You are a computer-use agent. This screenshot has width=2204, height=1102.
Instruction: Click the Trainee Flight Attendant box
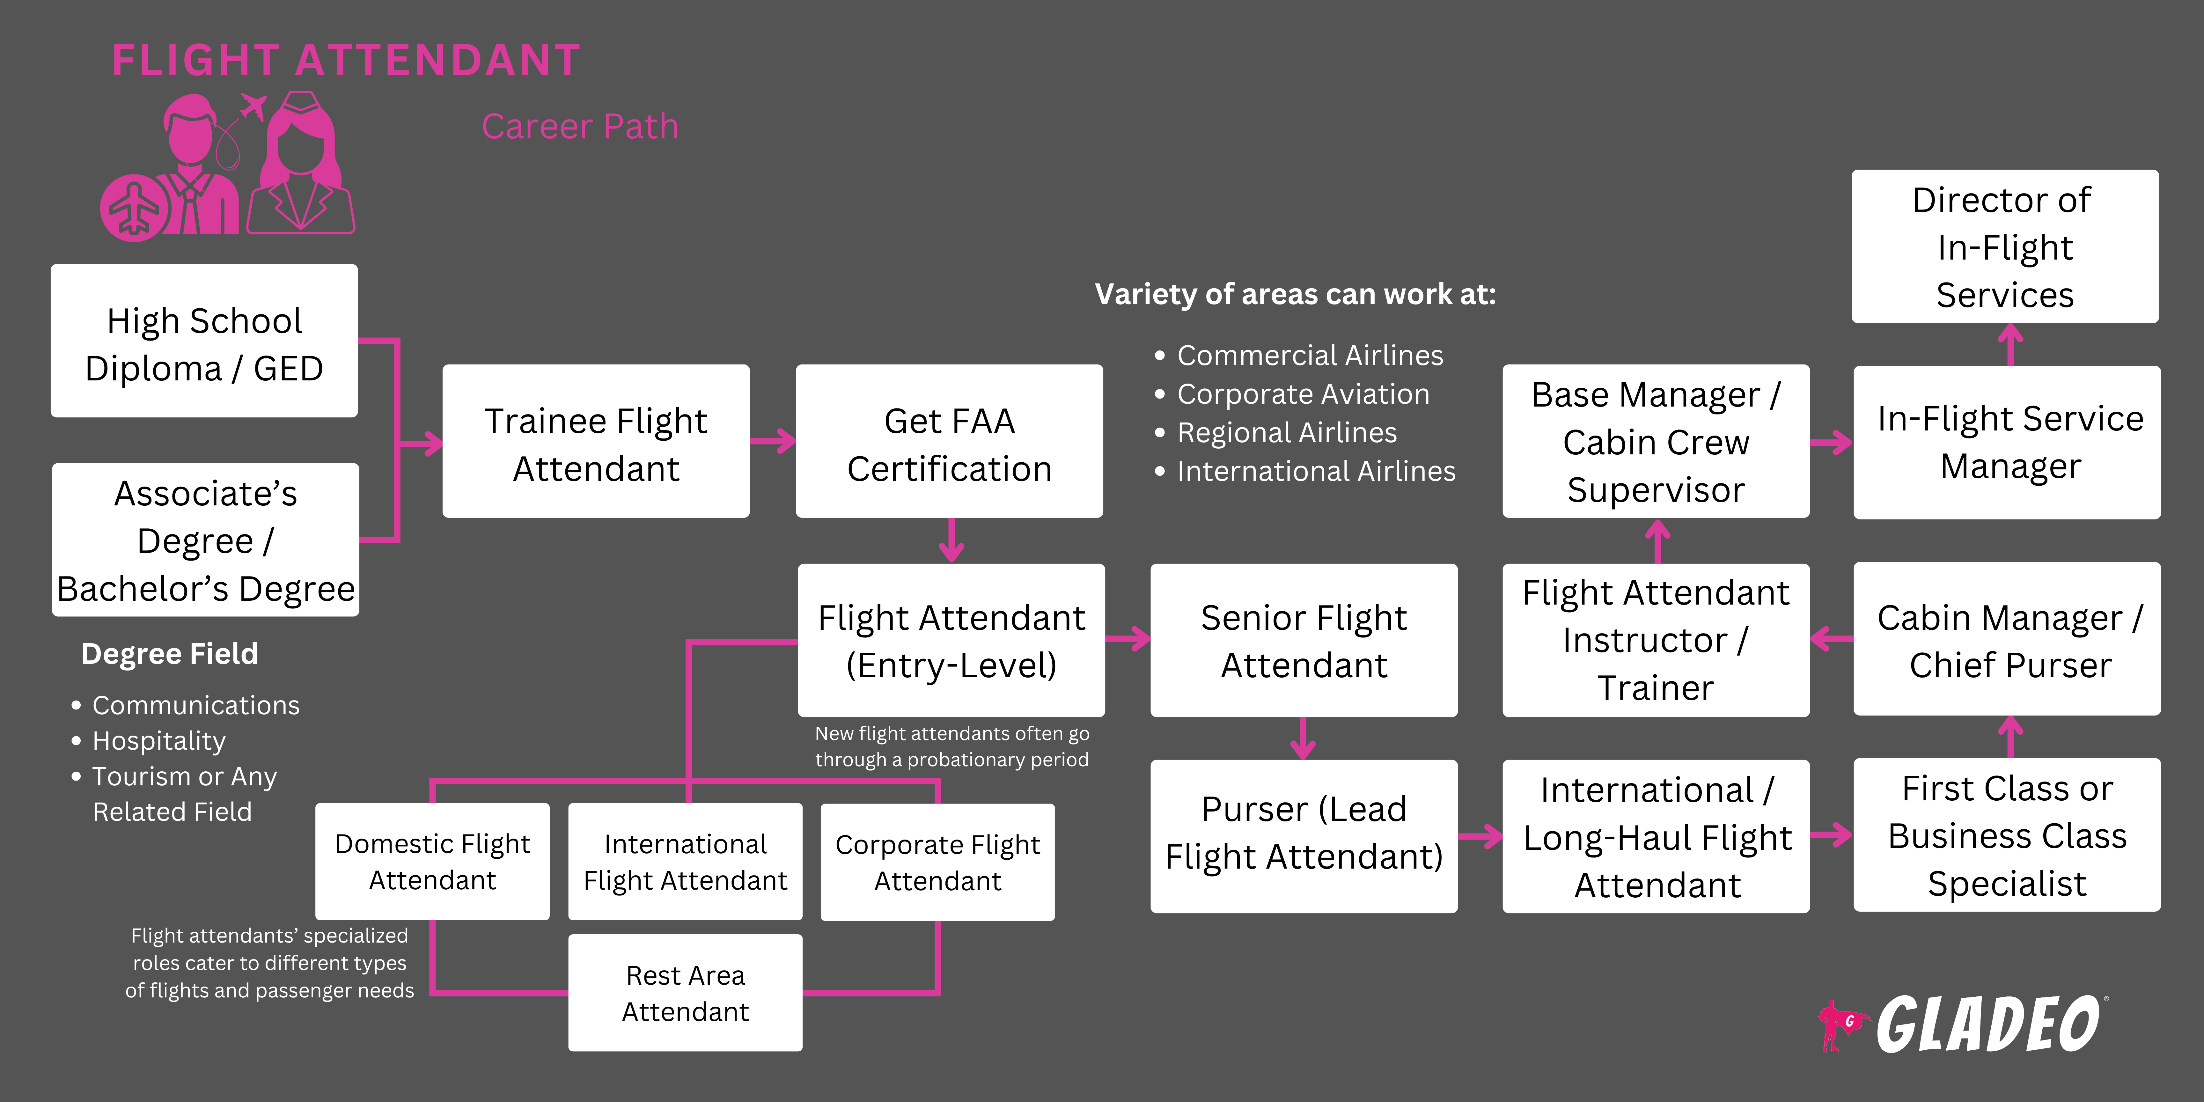tap(596, 442)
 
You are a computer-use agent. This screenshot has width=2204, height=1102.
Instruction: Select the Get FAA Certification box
tap(949, 442)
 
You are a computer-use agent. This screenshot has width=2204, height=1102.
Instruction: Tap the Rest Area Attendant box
tap(685, 993)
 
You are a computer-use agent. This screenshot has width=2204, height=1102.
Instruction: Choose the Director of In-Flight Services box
tap(2005, 246)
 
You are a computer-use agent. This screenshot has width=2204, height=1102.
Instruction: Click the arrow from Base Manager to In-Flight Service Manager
tap(1831, 442)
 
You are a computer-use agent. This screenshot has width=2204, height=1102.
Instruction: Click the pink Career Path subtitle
tap(579, 127)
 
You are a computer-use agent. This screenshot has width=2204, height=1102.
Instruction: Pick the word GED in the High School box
tap(288, 369)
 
